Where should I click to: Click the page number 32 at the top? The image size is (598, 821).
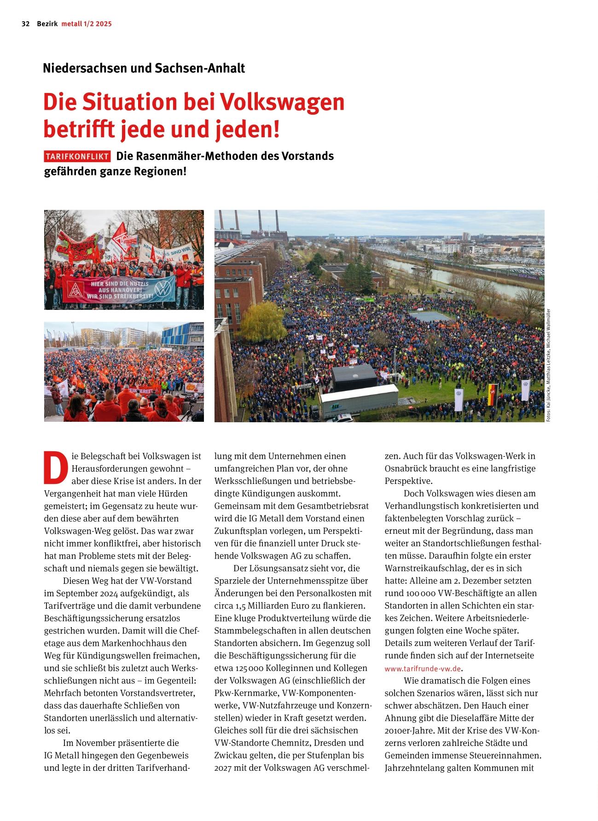26,24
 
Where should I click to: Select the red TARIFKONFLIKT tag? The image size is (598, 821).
77,157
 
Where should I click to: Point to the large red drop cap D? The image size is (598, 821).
53,468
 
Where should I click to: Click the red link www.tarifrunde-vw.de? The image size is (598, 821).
423,669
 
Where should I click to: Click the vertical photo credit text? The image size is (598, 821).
548,364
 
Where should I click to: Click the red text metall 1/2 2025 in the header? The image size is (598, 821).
87,24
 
